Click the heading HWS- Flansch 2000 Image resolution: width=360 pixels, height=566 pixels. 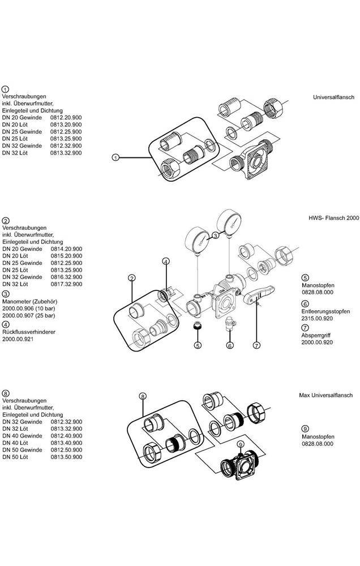coord(333,218)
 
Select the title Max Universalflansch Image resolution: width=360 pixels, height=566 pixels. coord(326,395)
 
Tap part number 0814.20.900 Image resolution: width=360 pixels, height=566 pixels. coord(66,248)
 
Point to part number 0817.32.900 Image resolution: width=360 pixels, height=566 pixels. coord(66,284)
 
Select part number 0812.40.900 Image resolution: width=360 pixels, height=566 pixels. coord(66,436)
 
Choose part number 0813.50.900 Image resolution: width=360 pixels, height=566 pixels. coord(66,456)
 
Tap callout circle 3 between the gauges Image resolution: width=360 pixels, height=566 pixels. coord(215,235)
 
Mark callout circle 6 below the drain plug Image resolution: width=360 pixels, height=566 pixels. coord(230,345)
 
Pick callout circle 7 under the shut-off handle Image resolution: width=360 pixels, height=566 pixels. coord(256,345)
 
